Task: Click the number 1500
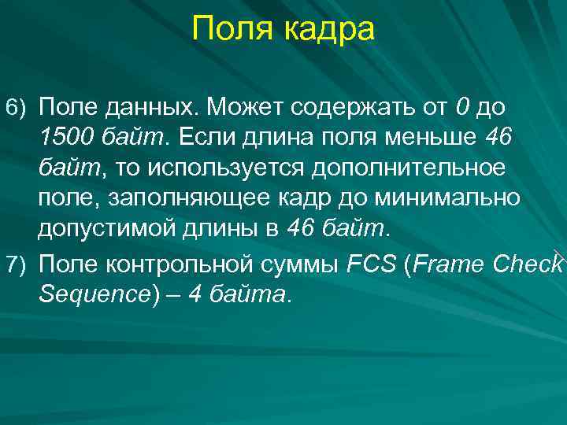point(66,138)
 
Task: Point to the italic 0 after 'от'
point(462,105)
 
